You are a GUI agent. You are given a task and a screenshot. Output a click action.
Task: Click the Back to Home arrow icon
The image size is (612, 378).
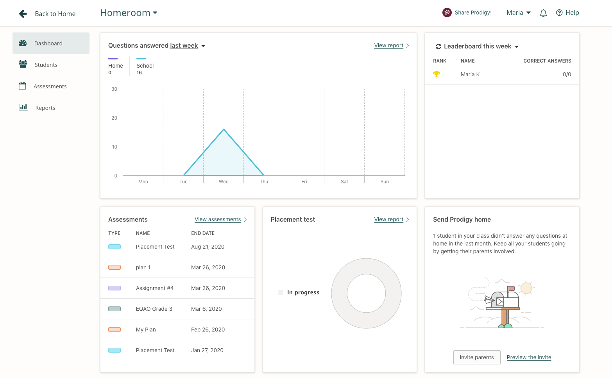[x=23, y=14]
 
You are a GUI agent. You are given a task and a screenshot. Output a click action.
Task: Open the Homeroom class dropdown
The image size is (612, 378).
[x=129, y=13]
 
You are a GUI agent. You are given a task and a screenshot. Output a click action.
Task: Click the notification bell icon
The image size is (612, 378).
[x=543, y=13]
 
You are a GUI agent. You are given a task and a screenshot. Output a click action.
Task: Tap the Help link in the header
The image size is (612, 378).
[x=567, y=13]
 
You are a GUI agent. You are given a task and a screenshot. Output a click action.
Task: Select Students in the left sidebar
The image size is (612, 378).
[x=46, y=65]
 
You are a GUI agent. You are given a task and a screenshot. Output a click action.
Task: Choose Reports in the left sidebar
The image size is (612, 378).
[x=45, y=108]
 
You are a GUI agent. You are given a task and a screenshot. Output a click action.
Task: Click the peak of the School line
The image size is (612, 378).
[x=224, y=129]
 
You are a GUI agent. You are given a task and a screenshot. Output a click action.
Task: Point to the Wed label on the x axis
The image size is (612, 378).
[x=224, y=182]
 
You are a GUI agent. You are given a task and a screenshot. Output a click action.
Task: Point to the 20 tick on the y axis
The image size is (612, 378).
[x=114, y=118]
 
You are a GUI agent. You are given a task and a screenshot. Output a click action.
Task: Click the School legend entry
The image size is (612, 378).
[x=145, y=66]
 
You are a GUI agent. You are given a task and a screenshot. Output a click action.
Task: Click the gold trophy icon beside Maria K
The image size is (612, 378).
[x=437, y=74]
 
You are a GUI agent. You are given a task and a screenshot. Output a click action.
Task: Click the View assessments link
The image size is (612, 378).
[x=218, y=220]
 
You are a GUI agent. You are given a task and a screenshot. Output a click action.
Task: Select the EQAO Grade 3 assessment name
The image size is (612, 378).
[x=154, y=309]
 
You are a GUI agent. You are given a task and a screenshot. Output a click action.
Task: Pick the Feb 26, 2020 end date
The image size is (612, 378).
[x=208, y=330]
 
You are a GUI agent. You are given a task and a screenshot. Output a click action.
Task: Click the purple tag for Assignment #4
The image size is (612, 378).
[x=115, y=288]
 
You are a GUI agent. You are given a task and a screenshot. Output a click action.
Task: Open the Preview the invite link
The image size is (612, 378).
[x=529, y=357]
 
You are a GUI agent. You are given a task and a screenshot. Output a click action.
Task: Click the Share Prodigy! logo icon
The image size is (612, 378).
[x=447, y=13]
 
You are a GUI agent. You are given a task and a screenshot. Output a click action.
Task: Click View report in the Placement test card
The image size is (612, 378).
[x=388, y=220]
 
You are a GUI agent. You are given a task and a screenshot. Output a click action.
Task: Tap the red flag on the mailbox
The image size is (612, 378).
[x=511, y=288]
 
